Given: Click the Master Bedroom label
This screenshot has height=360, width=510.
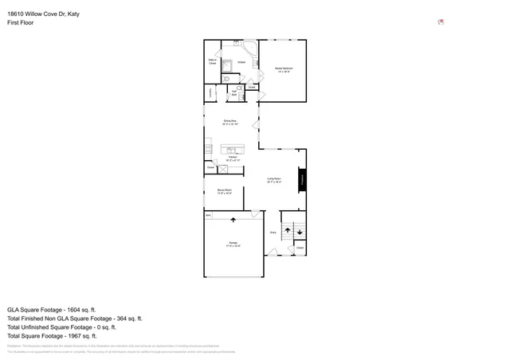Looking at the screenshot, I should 284,69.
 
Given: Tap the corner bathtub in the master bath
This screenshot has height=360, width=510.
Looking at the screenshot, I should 249,52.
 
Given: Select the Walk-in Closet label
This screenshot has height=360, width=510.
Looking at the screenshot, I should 213,61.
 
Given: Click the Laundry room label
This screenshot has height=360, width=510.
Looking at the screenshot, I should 210,92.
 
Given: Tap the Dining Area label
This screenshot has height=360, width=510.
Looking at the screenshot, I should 229,122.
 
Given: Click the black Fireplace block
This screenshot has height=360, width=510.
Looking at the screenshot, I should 302,180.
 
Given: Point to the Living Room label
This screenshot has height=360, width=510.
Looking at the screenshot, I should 274,180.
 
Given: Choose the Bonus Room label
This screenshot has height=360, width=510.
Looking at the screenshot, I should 224,191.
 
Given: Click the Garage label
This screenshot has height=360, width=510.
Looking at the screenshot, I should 233,244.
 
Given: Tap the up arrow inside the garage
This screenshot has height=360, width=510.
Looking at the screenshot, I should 233,219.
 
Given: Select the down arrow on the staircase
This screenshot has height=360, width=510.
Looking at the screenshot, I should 300,232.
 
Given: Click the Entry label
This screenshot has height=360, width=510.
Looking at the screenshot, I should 273,233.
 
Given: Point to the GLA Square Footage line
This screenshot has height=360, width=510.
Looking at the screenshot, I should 51,309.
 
